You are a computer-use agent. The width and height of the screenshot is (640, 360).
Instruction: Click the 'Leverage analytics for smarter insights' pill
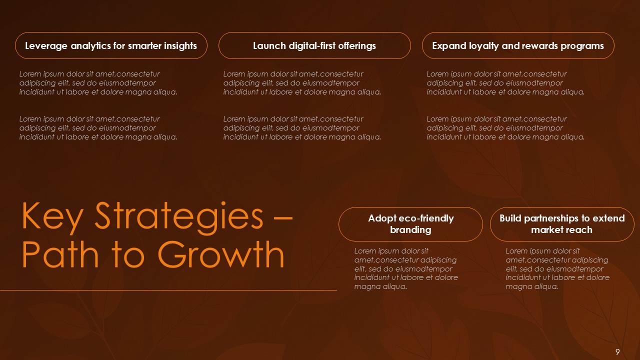(x=111, y=45)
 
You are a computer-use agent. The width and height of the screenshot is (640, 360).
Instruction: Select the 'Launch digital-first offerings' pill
(x=314, y=45)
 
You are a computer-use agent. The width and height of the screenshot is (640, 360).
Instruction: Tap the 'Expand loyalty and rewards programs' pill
(x=518, y=45)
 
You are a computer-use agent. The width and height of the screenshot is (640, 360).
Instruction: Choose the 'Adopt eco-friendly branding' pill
(x=410, y=224)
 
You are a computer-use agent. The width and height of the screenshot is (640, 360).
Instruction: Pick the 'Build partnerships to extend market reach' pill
(x=562, y=224)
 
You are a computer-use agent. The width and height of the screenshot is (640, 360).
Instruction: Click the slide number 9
(x=617, y=352)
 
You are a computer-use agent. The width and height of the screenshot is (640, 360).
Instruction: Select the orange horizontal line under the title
(x=168, y=290)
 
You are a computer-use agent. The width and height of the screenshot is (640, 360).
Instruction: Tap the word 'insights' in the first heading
(x=179, y=46)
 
